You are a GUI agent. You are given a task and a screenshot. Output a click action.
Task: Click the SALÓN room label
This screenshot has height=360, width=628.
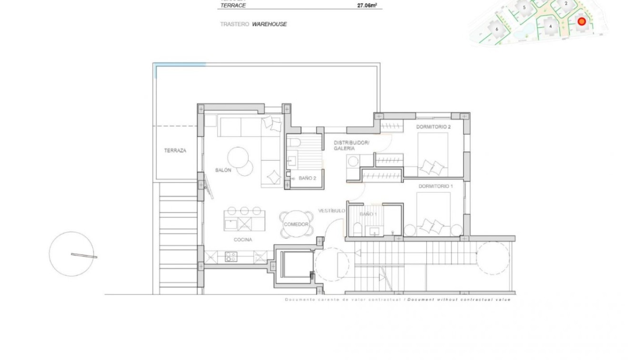223,170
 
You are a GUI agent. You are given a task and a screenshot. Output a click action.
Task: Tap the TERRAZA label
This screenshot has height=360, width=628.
175,150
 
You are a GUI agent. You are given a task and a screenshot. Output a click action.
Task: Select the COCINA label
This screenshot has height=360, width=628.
243,240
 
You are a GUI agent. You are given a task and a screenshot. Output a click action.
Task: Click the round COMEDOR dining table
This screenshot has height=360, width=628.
296,224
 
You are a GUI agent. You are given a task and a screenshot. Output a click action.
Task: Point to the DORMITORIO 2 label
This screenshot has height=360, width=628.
433,127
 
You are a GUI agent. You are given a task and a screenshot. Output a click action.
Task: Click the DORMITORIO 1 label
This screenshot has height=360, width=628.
435,186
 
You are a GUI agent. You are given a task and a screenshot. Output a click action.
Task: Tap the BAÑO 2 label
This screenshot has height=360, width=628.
308,178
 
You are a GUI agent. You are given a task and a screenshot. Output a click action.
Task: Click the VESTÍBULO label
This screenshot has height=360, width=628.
331,210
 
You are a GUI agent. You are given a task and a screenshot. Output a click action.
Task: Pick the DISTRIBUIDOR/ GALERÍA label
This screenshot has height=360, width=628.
351,146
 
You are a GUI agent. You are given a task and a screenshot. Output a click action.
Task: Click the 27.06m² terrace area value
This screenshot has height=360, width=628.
367,6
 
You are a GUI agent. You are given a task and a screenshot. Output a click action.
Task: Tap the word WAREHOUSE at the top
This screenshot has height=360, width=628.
269,24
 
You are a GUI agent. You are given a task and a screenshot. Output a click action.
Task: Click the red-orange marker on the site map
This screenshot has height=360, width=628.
581,21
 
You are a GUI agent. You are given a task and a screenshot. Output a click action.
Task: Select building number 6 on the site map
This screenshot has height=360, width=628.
497,29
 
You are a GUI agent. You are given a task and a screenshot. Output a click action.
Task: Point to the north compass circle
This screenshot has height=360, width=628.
72,254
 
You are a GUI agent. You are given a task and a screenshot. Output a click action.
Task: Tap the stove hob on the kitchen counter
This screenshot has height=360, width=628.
231,257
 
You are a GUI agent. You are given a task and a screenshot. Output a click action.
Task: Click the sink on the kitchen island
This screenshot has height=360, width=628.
231,224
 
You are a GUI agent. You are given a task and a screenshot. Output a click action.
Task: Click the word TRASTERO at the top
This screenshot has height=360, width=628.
234,24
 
